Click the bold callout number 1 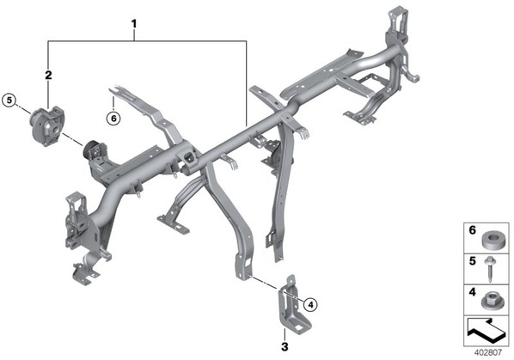click(x=134, y=24)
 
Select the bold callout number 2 click(x=48, y=75)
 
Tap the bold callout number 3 click(x=285, y=346)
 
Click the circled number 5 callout click(x=9, y=101)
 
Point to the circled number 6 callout click(x=113, y=118)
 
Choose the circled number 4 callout click(x=310, y=305)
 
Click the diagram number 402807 click(x=488, y=352)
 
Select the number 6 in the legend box click(x=472, y=230)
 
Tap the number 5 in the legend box click(x=472, y=261)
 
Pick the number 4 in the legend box click(x=472, y=292)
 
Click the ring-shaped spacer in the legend click(x=492, y=239)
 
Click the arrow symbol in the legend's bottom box click(x=486, y=331)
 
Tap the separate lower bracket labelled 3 click(x=292, y=306)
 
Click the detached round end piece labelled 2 click(x=48, y=125)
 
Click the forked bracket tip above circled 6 click(x=115, y=89)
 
